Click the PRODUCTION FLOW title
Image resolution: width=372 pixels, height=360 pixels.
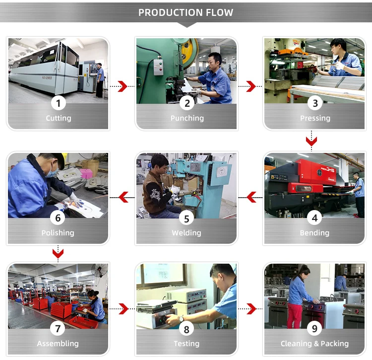pyautogui.click(x=186, y=12)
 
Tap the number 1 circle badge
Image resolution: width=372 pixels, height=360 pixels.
pyautogui.click(x=59, y=103)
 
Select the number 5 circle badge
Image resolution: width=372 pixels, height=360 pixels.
pyautogui.click(x=186, y=218)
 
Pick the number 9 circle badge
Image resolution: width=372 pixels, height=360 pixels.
pyautogui.click(x=314, y=329)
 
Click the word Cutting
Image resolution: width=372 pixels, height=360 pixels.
pyautogui.click(x=59, y=118)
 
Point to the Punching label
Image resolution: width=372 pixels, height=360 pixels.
pyautogui.click(x=187, y=118)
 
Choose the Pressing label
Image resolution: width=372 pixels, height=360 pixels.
pyautogui.click(x=315, y=118)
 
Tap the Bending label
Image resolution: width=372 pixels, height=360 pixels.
pyautogui.click(x=314, y=233)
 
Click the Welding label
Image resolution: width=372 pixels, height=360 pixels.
pyautogui.click(x=186, y=233)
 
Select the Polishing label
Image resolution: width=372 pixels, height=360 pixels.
pyautogui.click(x=58, y=233)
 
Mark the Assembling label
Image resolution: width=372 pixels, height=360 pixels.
pyautogui.click(x=58, y=344)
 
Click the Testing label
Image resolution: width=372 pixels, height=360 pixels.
pyautogui.click(x=186, y=344)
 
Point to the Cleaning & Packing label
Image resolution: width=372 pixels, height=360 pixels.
pyautogui.click(x=314, y=344)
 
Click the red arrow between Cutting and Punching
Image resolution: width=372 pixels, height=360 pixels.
pyautogui.click(x=122, y=86)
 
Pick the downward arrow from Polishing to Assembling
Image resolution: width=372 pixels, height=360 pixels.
pyautogui.click(x=58, y=254)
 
